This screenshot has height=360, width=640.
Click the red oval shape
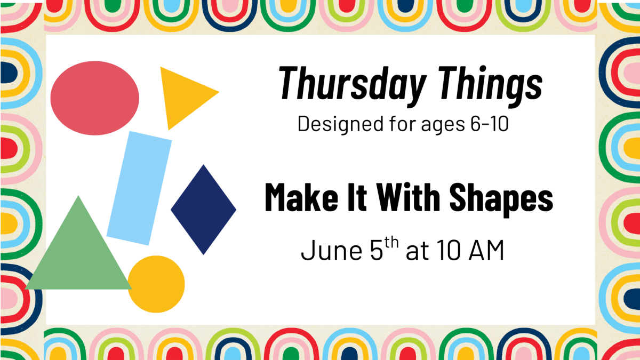pyautogui.click(x=94, y=98)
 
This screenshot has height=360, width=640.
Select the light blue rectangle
pyautogui.click(x=139, y=188)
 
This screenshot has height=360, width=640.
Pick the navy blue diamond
pyautogui.click(x=203, y=210)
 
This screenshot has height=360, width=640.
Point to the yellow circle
pyautogui.click(x=156, y=284)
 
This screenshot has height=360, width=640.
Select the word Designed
pyautogui.click(x=340, y=124)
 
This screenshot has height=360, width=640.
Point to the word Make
pyautogui.click(x=302, y=197)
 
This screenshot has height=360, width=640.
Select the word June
pyautogui.click(x=332, y=250)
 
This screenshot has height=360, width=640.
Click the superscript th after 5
pyautogui.click(x=391, y=243)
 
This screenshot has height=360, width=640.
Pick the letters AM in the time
pyautogui.click(x=486, y=250)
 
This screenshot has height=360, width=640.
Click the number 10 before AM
pyautogui.click(x=449, y=250)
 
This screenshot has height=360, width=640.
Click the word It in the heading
pyautogui.click(x=357, y=197)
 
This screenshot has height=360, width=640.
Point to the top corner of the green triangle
pyautogui.click(x=78, y=196)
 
